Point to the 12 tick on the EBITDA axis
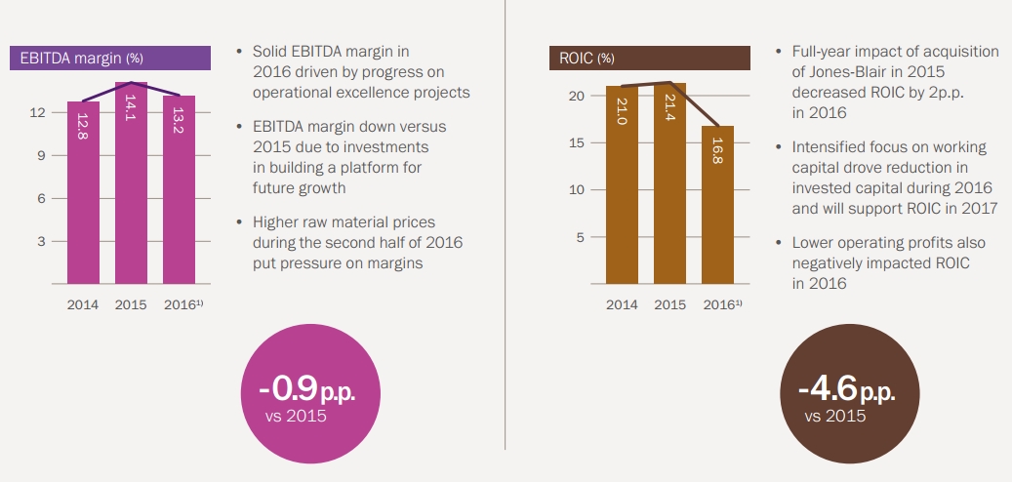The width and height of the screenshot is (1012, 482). point(38,112)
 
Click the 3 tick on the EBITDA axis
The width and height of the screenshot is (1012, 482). point(42,241)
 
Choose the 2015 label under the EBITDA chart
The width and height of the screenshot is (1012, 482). point(131,305)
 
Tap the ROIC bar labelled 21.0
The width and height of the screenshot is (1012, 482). point(622,185)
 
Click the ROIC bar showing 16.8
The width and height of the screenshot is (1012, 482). point(717,205)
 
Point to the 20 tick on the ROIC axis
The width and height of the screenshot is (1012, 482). point(576,96)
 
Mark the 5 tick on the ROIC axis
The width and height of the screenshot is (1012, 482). point(580,237)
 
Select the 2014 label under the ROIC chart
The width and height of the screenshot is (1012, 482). point(622,305)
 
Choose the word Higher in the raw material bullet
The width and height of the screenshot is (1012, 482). point(274,221)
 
